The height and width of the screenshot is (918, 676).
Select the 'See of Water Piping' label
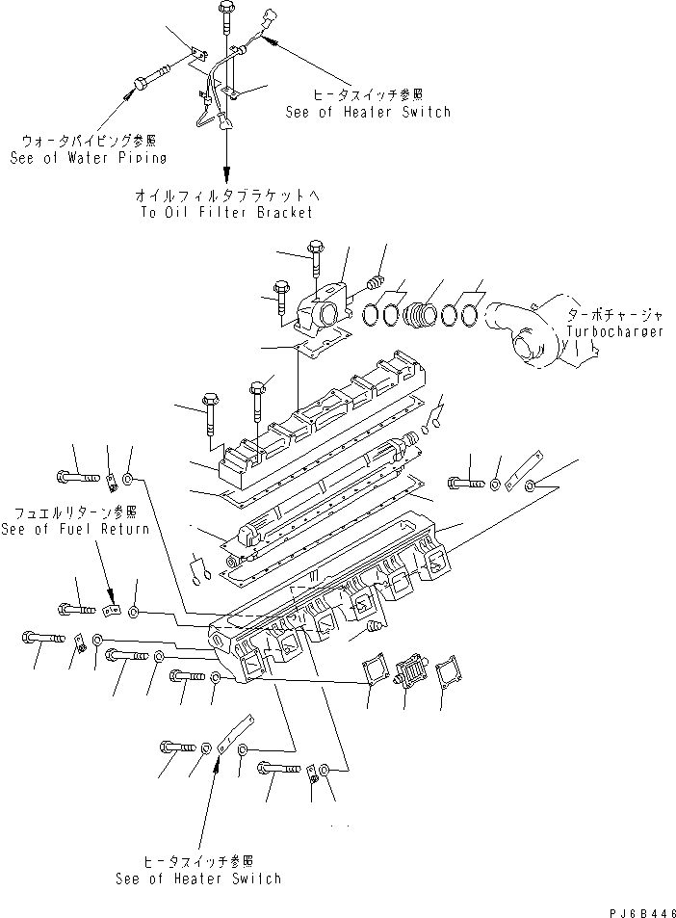coord(88,158)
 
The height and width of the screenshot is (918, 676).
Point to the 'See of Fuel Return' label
coord(75,529)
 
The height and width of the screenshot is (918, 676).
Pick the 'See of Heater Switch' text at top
coord(367,112)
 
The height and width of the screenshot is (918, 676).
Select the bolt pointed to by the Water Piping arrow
coord(152,76)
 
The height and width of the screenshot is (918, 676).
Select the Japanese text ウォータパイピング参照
coord(88,142)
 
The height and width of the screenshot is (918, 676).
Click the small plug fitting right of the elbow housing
coord(376,282)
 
